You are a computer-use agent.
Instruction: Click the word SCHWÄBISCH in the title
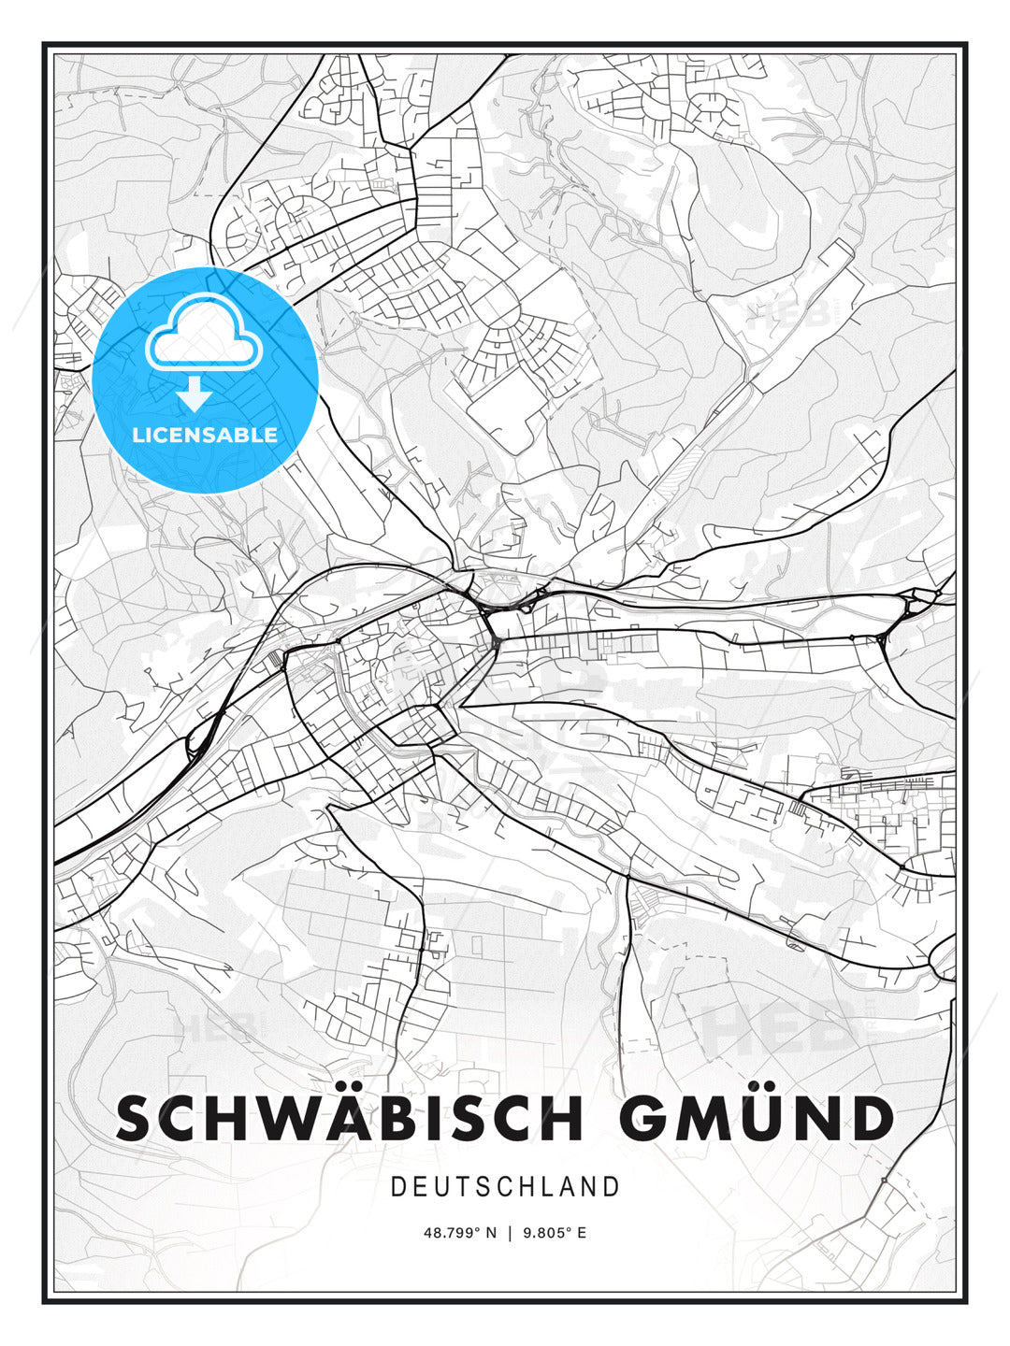coord(350,1118)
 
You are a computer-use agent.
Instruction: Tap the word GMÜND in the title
coord(757,1118)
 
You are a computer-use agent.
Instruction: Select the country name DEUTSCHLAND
coord(505,1187)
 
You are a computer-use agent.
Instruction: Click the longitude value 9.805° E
coord(555,1233)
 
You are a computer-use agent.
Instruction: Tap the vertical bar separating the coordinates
coord(510,1233)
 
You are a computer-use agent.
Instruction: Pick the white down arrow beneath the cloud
coord(195,395)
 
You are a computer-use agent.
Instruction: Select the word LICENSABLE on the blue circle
coord(205,435)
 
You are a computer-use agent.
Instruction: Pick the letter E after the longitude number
coord(582,1233)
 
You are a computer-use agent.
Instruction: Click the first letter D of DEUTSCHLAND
coord(397,1187)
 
